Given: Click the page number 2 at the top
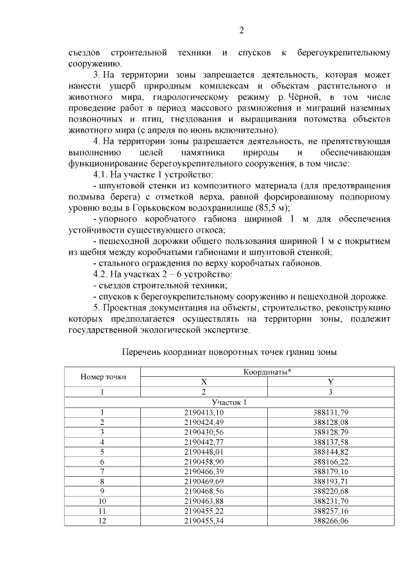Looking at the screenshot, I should click(242, 29).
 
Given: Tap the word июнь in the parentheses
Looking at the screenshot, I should click(186, 130).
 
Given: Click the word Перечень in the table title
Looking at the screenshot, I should click(141, 352).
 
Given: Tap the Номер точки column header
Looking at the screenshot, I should click(102, 376).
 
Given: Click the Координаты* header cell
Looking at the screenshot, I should click(267, 372).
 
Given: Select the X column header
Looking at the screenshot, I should click(204, 381).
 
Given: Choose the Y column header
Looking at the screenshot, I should click(331, 381).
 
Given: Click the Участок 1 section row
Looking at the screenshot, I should click(229, 402).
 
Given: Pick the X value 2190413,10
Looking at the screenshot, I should click(204, 411).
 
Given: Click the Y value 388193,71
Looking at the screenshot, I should click(331, 480).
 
